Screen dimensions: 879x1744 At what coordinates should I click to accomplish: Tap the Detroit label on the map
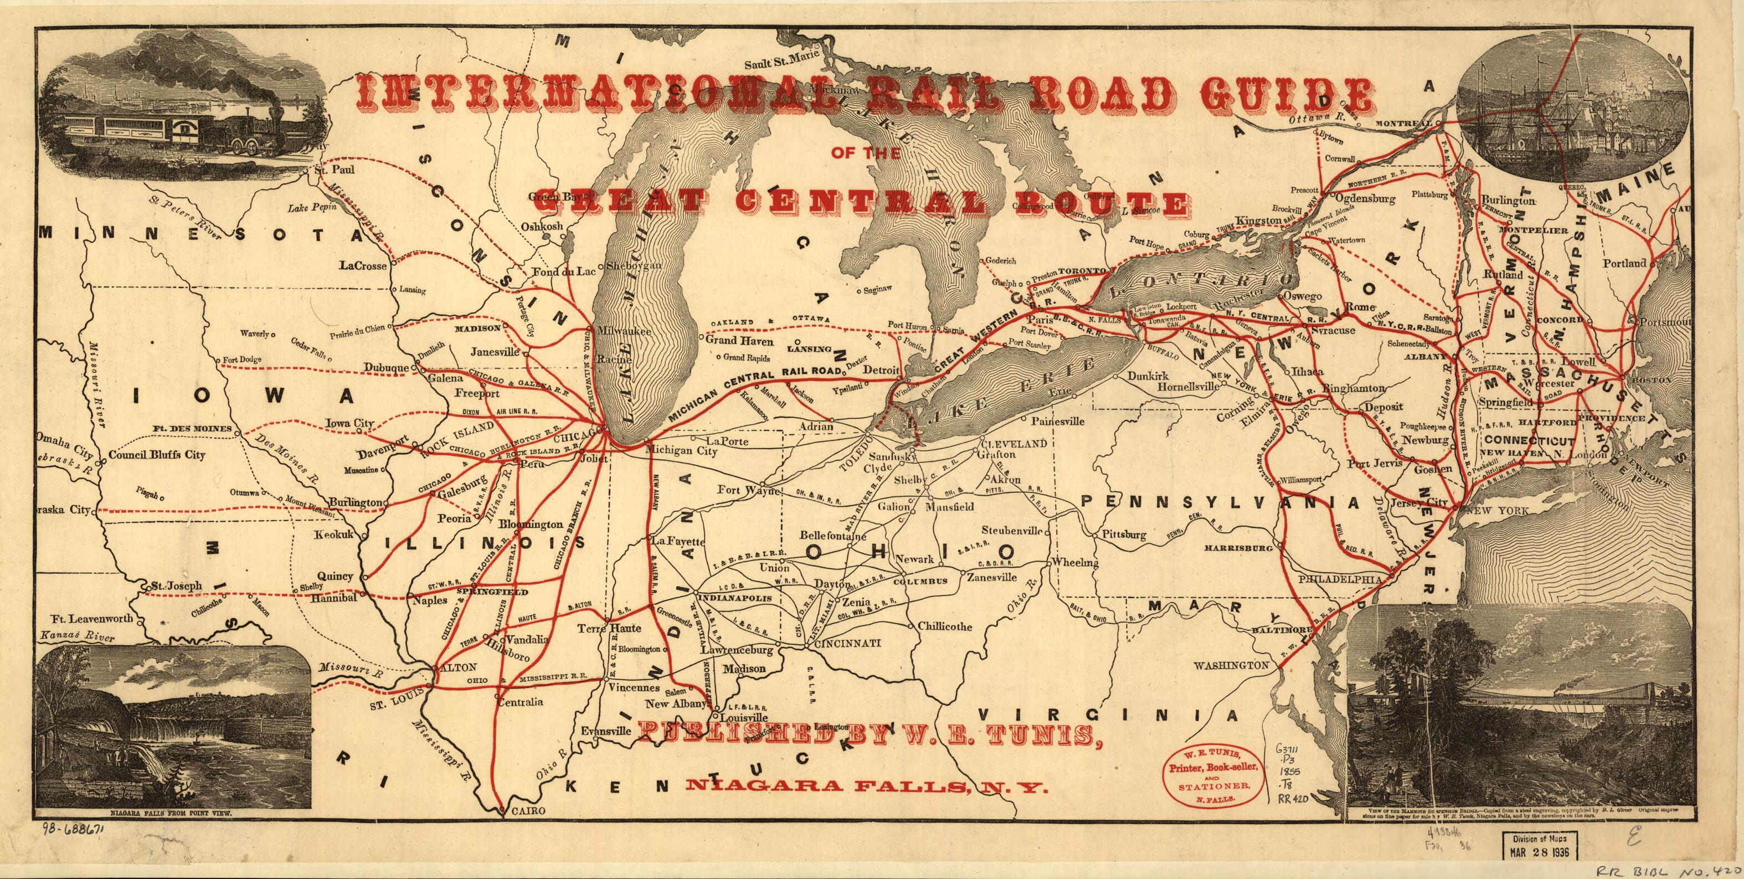[879, 371]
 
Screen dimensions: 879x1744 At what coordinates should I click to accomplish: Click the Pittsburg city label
[1124, 535]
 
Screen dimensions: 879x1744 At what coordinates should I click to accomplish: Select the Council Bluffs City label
[157, 455]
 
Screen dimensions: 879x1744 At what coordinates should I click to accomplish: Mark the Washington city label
[1231, 666]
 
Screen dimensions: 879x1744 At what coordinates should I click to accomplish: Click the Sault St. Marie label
[782, 65]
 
